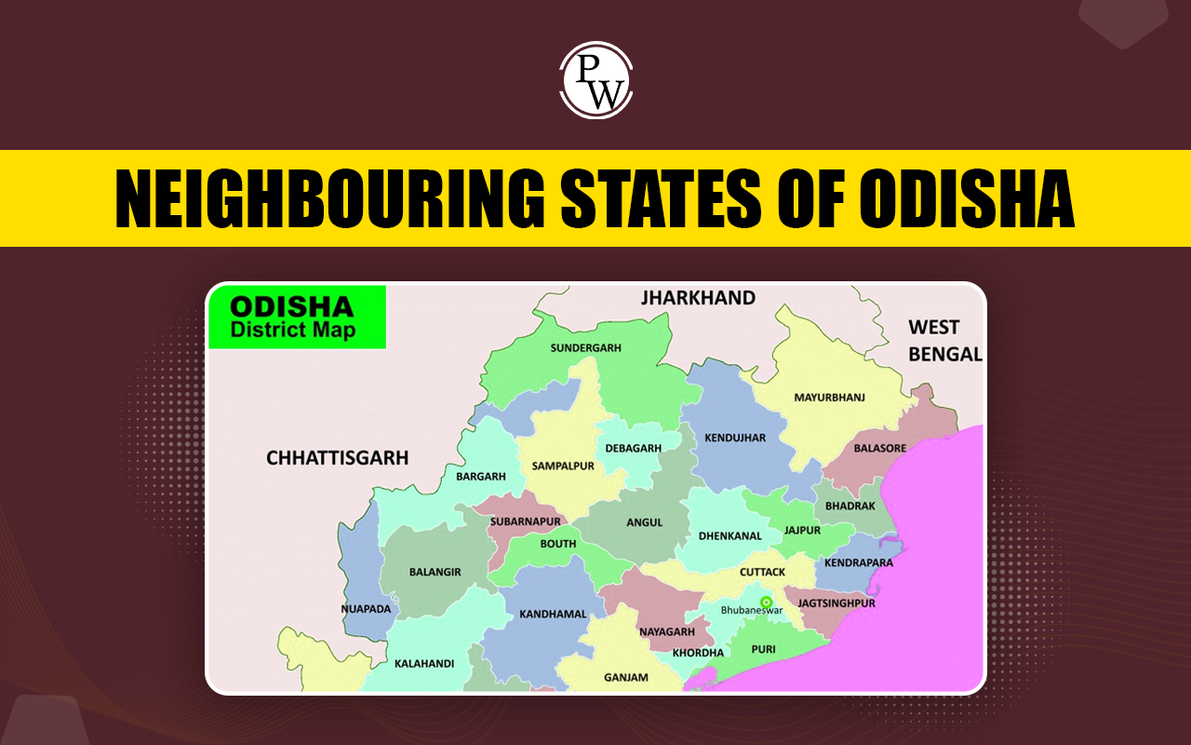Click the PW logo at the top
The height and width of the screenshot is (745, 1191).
pos(595,79)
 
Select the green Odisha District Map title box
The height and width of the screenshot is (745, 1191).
pos(297,318)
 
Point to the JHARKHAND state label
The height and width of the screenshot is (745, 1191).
pos(698,298)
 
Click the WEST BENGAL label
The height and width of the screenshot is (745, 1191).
pos(945,341)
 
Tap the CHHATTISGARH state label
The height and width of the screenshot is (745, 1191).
pos(338,457)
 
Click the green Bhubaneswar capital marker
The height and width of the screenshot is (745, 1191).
pos(766,602)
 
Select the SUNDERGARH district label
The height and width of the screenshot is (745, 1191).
pos(585,347)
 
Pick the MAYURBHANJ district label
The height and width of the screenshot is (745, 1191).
pos(829,398)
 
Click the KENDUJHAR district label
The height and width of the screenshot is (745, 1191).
pos(735,437)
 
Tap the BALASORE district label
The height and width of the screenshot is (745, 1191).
pos(879,448)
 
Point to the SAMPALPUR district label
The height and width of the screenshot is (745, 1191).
pos(563,466)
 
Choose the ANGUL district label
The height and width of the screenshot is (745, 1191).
pos(644,522)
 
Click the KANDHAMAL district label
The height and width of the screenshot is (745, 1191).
pos(554,615)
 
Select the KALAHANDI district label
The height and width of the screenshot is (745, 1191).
pos(424,664)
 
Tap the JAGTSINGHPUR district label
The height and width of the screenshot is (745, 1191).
pos(836,603)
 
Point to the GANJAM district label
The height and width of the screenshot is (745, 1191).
pos(625,677)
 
